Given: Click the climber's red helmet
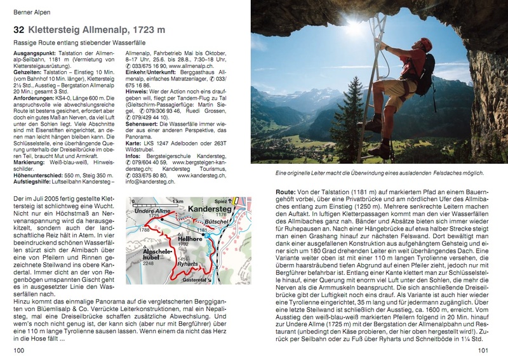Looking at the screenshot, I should (424, 44).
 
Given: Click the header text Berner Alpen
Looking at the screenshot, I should (30, 12).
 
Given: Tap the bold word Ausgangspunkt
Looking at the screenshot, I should (36, 54).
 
